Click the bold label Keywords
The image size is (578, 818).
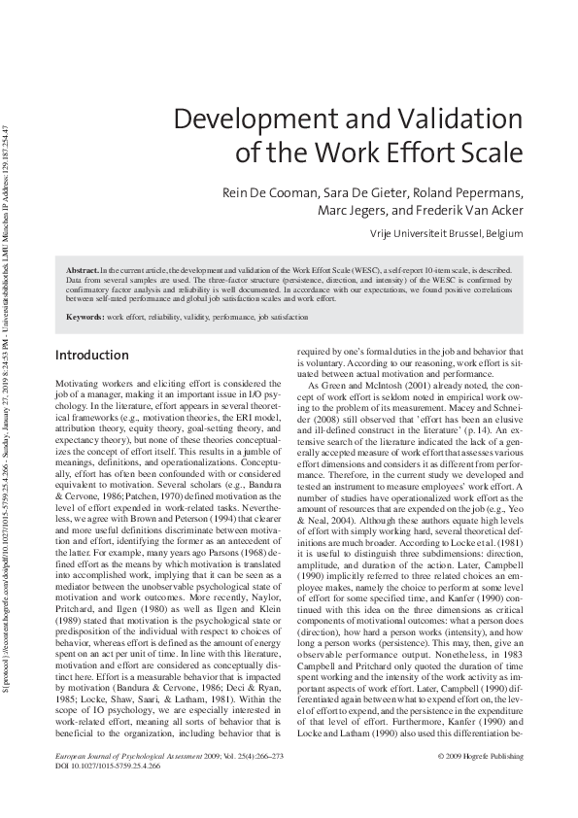coord(85,318)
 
